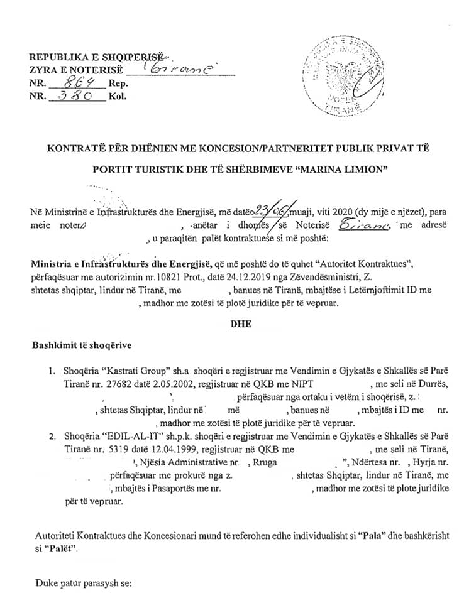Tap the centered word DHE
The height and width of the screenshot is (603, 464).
coord(241,324)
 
